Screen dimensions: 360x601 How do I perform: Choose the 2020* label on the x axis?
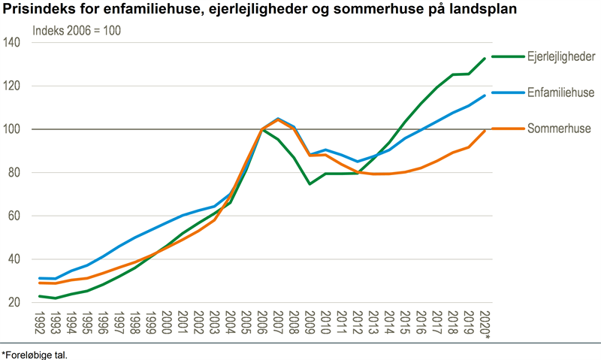point(486,323)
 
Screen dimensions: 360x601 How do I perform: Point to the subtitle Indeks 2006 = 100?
point(77,32)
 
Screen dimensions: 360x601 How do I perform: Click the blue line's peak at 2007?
point(278,119)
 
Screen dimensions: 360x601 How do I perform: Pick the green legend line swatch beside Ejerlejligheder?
point(508,57)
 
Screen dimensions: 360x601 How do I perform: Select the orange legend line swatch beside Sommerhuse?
point(508,129)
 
